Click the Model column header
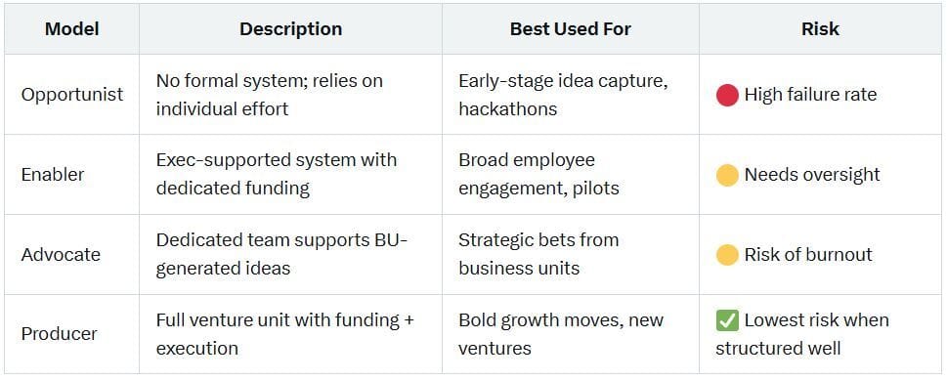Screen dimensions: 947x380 [x=72, y=29]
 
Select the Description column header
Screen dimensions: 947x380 [x=290, y=29]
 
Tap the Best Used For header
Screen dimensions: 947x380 [x=571, y=29]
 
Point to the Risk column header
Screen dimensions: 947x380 [x=820, y=29]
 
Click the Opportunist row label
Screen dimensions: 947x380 [x=72, y=95]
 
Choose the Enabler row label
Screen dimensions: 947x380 [x=53, y=175]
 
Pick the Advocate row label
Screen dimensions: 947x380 [x=61, y=254]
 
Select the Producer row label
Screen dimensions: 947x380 [x=60, y=334]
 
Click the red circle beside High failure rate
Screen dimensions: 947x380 [x=727, y=95]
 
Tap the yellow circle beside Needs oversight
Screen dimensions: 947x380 [x=727, y=175]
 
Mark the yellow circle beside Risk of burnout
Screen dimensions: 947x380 [x=727, y=254]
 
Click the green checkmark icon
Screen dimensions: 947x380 [x=727, y=320]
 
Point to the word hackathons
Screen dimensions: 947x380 [x=508, y=108]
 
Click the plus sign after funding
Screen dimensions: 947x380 [x=408, y=320]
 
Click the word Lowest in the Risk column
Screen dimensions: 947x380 [x=775, y=319]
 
